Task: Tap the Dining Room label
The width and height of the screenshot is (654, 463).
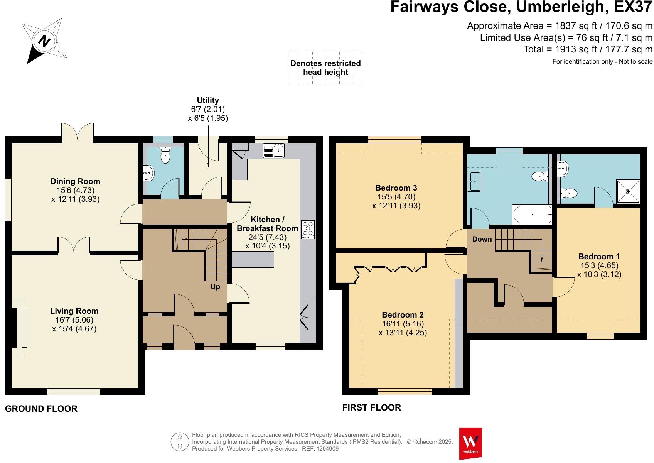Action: (x=75, y=181)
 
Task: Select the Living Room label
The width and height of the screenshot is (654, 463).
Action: (x=74, y=311)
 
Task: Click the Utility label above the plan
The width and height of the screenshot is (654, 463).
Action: (x=208, y=100)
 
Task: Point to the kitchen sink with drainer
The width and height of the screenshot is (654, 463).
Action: (x=273, y=150)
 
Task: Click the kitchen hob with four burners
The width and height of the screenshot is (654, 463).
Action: (x=308, y=230)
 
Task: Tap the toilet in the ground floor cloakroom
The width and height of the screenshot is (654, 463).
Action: (x=165, y=155)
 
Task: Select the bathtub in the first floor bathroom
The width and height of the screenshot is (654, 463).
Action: (x=532, y=215)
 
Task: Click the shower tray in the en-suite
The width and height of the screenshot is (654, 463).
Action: (x=628, y=192)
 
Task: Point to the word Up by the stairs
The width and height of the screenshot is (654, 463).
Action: (x=215, y=287)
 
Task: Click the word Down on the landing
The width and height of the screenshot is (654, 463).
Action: (x=482, y=239)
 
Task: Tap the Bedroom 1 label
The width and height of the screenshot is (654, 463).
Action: (x=599, y=257)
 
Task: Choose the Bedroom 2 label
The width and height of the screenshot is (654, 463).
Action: (x=403, y=314)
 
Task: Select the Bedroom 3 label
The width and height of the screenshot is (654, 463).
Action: (x=396, y=188)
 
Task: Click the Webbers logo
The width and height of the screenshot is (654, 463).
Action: (x=470, y=443)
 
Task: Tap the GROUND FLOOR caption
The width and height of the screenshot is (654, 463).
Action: (x=41, y=409)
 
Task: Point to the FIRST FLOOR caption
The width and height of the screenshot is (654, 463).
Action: (x=372, y=407)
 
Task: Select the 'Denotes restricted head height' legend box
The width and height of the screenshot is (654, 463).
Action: (x=326, y=68)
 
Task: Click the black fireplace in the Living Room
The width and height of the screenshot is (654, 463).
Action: (x=14, y=328)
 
